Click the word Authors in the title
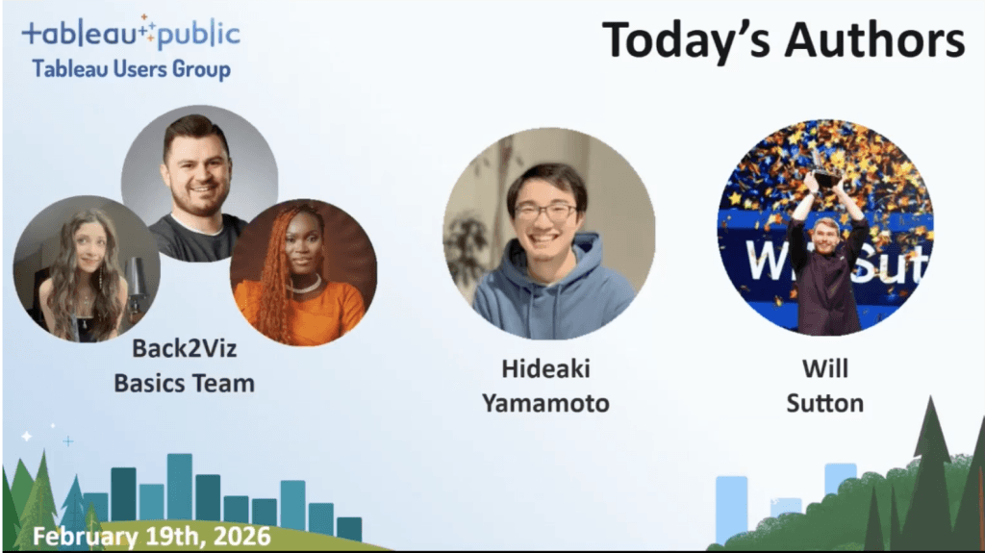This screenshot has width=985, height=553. coord(875,40)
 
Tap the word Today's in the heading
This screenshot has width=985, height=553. coord(687,40)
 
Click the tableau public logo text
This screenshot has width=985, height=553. coord(131,33)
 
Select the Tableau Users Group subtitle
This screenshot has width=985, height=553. coord(131,69)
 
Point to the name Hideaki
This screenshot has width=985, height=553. coord(545,369)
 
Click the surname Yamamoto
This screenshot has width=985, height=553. coord(545,403)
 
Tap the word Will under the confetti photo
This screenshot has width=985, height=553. coord(824,369)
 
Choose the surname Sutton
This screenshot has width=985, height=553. coord(824,403)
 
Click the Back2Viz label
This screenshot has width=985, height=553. coord(184,348)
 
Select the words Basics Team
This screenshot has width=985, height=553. coord(184,384)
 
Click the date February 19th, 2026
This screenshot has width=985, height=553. coord(151,537)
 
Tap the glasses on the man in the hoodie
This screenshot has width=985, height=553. coord(544,213)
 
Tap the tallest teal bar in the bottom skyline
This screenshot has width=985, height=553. coord(180,487)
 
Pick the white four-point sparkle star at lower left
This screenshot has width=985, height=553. coord(27,436)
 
